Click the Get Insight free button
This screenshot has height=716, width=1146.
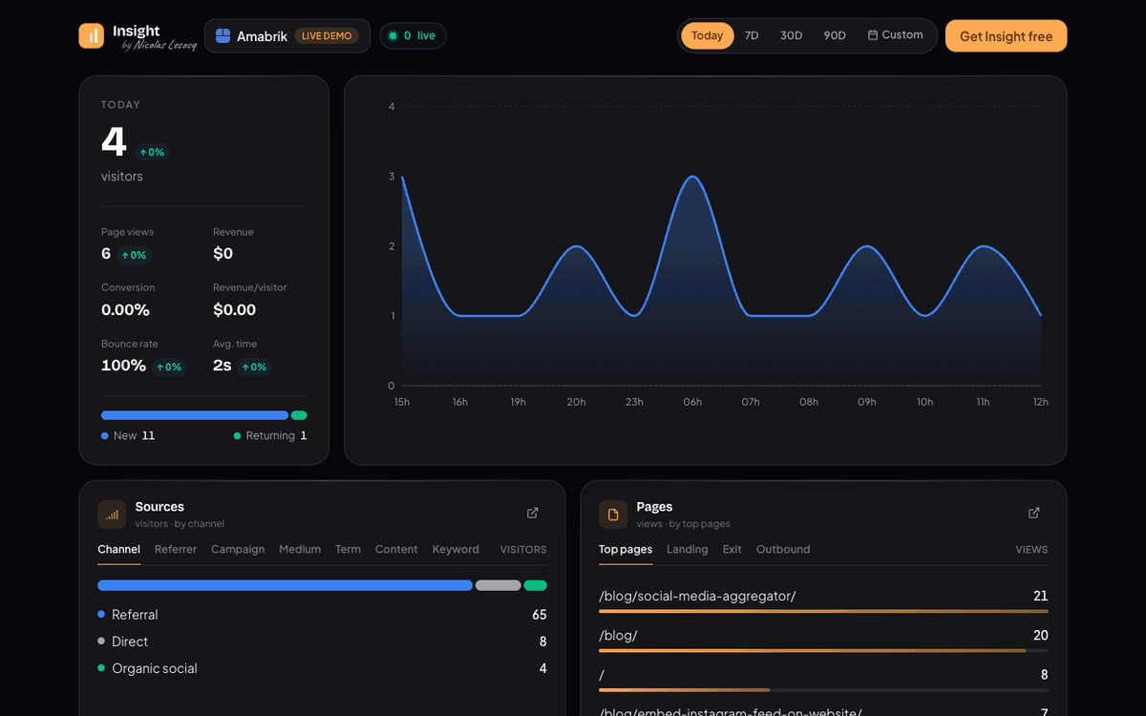[1006, 36]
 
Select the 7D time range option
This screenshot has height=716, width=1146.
[751, 35]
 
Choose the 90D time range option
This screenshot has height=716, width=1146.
[835, 35]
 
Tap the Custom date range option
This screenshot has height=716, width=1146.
[896, 34]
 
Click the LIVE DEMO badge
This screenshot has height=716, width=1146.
[327, 36]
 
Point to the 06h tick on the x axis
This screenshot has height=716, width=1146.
[692, 402]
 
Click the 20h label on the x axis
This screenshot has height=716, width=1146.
[576, 402]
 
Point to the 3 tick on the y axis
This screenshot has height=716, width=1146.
[392, 177]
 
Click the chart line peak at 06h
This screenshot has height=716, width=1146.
[692, 177]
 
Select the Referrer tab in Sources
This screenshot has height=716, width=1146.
[176, 549]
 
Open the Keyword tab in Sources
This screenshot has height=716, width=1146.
[456, 549]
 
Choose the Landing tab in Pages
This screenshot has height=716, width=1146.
[687, 549]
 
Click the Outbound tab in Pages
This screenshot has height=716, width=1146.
[783, 549]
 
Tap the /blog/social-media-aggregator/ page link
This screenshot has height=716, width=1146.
[697, 597]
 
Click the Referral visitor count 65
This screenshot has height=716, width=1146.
[540, 615]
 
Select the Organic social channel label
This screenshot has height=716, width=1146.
[155, 668]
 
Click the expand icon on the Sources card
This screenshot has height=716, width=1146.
[533, 513]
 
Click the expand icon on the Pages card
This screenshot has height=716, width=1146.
[1034, 513]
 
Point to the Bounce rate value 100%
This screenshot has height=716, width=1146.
[123, 366]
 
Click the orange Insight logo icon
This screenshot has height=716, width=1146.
[91, 36]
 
